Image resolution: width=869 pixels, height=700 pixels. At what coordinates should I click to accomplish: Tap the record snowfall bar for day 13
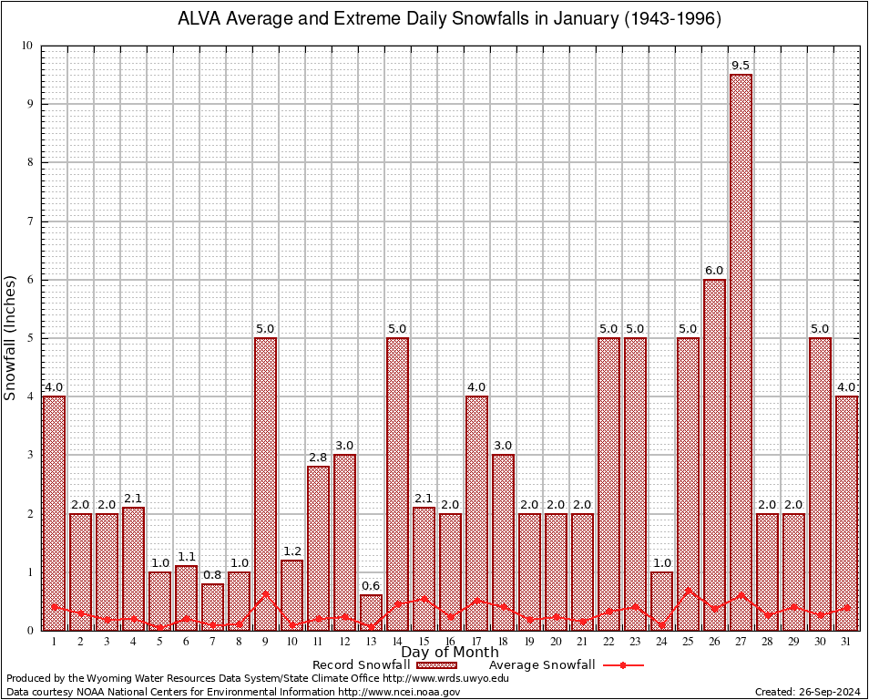371,612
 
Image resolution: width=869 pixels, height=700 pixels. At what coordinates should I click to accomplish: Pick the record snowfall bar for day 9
265,483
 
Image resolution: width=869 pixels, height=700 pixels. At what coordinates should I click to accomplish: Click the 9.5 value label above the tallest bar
741,66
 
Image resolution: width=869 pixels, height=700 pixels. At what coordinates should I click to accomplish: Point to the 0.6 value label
371,586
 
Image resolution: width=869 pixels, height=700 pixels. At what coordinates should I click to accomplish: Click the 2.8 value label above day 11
318,458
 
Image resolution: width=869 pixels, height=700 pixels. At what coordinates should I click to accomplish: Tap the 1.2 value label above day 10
291,551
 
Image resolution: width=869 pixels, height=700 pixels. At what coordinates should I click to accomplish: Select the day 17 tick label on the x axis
476,642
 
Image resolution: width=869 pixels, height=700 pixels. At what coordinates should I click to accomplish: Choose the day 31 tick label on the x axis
846,642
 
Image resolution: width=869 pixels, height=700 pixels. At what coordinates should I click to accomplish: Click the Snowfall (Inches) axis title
11,337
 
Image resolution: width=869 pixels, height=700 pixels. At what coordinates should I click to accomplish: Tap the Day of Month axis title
449,653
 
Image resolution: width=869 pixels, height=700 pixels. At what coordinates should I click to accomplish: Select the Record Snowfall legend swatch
435,665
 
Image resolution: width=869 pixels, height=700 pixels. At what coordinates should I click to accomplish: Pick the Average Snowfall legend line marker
622,665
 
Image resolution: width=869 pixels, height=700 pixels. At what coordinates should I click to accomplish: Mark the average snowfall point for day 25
688,590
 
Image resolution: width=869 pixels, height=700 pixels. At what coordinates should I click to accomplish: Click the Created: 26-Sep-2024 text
807,693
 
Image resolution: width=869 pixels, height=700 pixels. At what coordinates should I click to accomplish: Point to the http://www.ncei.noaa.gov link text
399,693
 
